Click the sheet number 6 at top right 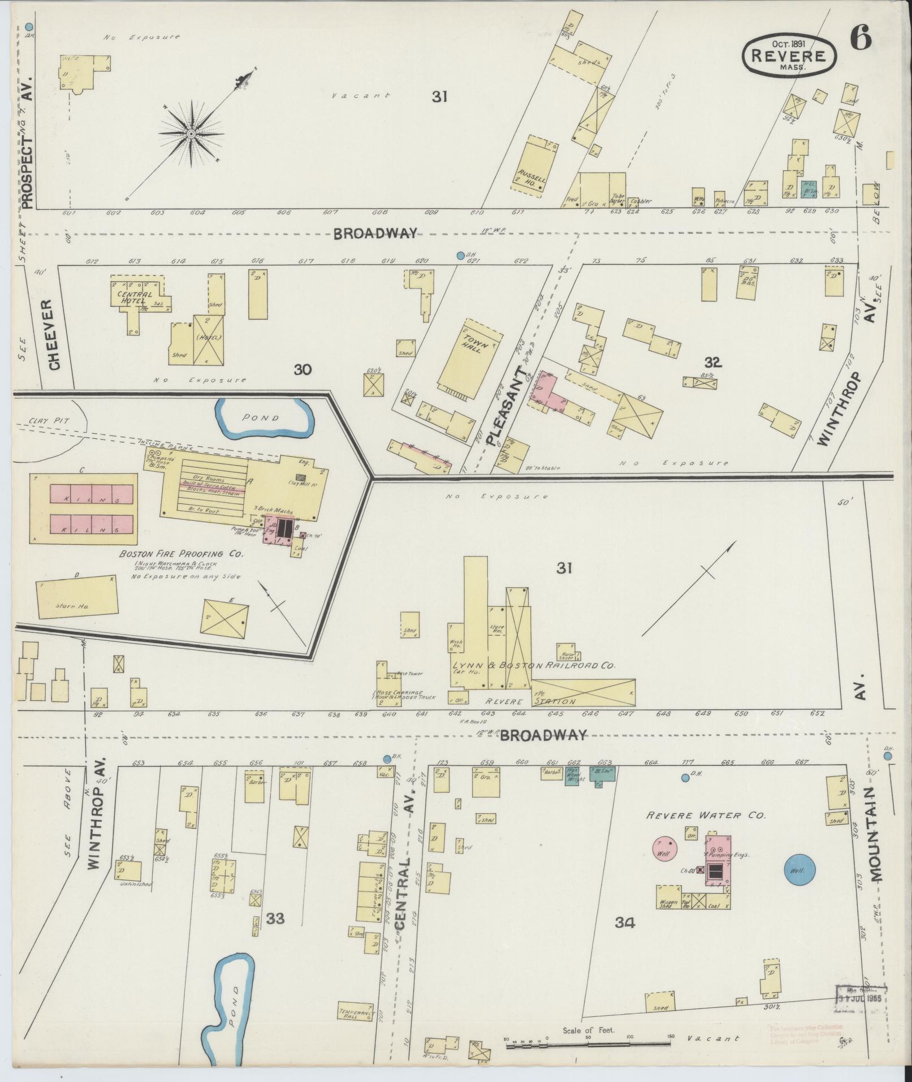click(861, 38)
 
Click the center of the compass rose click(191, 133)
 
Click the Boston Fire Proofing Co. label click(181, 554)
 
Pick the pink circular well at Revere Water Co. click(665, 863)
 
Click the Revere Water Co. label click(706, 816)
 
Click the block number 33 click(275, 919)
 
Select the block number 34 click(624, 922)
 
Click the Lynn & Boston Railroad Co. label click(533, 666)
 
